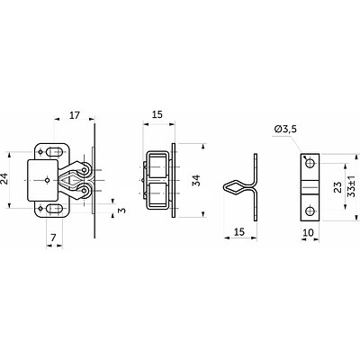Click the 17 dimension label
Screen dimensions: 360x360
coord(75,115)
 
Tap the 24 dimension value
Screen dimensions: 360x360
coord(4,179)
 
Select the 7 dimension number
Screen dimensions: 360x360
coord(53,238)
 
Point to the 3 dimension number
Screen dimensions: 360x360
coord(121,211)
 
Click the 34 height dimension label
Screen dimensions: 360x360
coord(196,180)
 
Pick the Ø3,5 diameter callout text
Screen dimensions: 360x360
coord(285,130)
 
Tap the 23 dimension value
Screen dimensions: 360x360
coord(337,187)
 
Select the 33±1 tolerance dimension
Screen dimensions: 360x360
coord(351,186)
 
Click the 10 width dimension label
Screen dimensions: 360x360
coord(308,232)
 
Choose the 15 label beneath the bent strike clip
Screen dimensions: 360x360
coord(239,232)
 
